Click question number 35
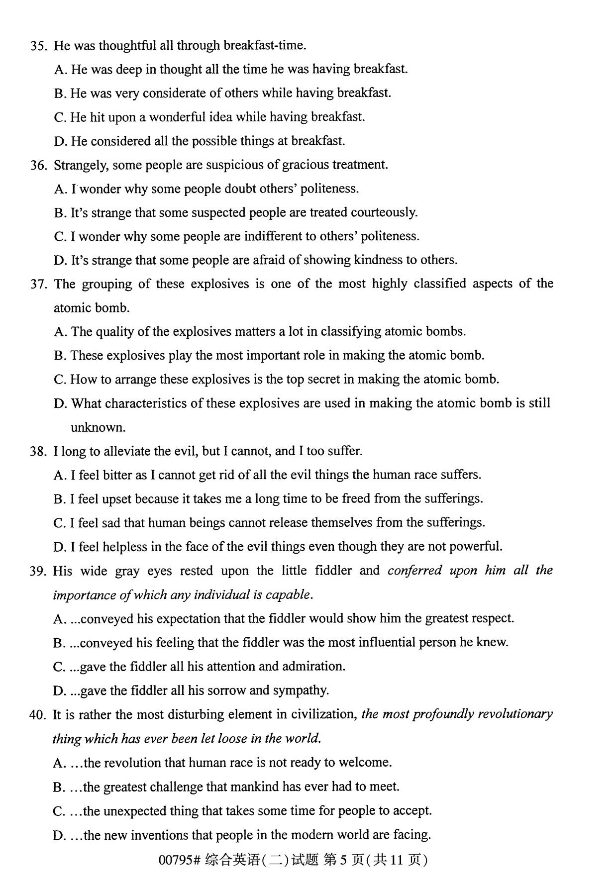38,46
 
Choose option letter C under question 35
60,117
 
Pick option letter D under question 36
60,261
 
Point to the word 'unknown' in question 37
97,428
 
